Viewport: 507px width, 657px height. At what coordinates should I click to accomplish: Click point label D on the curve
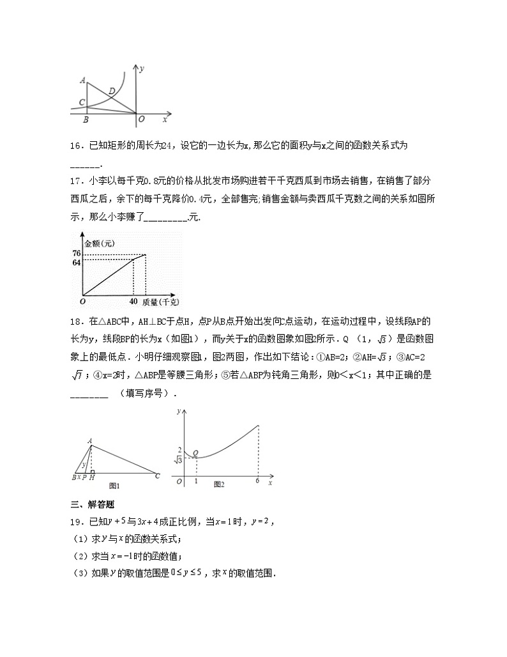pyautogui.click(x=112, y=91)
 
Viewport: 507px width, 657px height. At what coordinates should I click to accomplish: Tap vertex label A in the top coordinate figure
pyautogui.click(x=83, y=80)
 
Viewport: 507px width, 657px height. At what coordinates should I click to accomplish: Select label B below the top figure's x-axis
pyautogui.click(x=86, y=120)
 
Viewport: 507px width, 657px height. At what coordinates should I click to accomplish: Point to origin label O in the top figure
pyautogui.click(x=141, y=120)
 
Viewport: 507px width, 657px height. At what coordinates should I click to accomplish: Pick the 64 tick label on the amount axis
pyautogui.click(x=76, y=262)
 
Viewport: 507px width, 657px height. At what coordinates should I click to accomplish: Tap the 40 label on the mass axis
pyautogui.click(x=133, y=301)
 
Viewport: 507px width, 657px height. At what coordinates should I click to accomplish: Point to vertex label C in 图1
pyautogui.click(x=158, y=475)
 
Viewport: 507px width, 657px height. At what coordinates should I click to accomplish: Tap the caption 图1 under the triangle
pyautogui.click(x=116, y=484)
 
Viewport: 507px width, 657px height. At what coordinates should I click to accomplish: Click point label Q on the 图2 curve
pyautogui.click(x=195, y=452)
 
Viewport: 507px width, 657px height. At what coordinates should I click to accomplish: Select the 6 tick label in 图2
pyautogui.click(x=257, y=481)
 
